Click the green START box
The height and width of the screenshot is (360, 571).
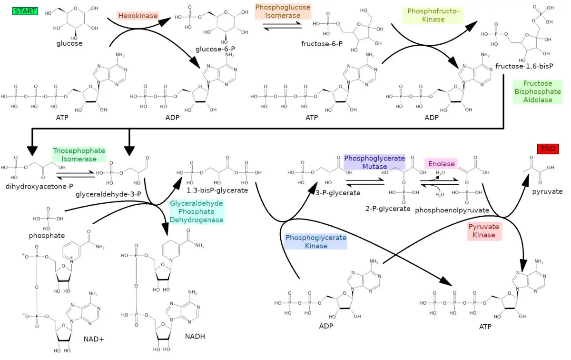point(25,11)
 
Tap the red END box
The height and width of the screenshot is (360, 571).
point(548,149)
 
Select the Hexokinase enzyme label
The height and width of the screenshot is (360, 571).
point(138,16)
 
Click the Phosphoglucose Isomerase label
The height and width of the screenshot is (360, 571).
point(283,11)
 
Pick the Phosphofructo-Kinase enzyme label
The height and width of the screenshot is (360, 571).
point(433,15)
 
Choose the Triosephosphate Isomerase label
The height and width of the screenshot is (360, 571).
point(79,155)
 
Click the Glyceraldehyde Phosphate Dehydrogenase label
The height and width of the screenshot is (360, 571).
point(197,211)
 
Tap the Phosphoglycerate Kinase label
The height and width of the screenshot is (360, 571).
point(316,241)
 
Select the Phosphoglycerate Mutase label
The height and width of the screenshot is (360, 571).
point(374,162)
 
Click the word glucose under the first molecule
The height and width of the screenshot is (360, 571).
point(69,43)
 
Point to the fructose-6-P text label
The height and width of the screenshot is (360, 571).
point(322,44)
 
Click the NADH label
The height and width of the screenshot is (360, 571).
point(195,336)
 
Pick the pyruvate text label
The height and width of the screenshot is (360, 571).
point(547,191)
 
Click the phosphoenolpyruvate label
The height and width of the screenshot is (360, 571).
point(452,210)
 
